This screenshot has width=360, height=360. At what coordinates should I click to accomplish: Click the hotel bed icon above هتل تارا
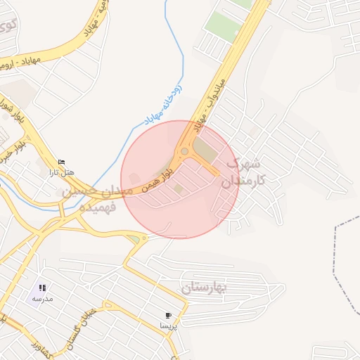pyautogui.click(x=61, y=161)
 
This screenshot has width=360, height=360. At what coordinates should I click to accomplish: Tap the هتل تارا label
pyautogui.click(x=61, y=172)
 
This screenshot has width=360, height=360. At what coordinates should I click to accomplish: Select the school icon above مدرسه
pyautogui.click(x=42, y=288)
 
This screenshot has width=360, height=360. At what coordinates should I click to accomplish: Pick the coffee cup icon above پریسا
pyautogui.click(x=167, y=316)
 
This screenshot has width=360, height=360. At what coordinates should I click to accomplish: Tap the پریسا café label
pyautogui.click(x=169, y=326)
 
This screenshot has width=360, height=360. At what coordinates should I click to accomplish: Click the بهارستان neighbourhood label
pyautogui.click(x=205, y=288)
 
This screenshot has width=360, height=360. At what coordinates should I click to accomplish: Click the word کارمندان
pyautogui.click(x=244, y=181)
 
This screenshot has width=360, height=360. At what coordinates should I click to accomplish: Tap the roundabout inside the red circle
pyautogui.click(x=184, y=151)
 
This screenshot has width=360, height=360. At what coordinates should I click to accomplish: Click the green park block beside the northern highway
pyautogui.click(x=223, y=26)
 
